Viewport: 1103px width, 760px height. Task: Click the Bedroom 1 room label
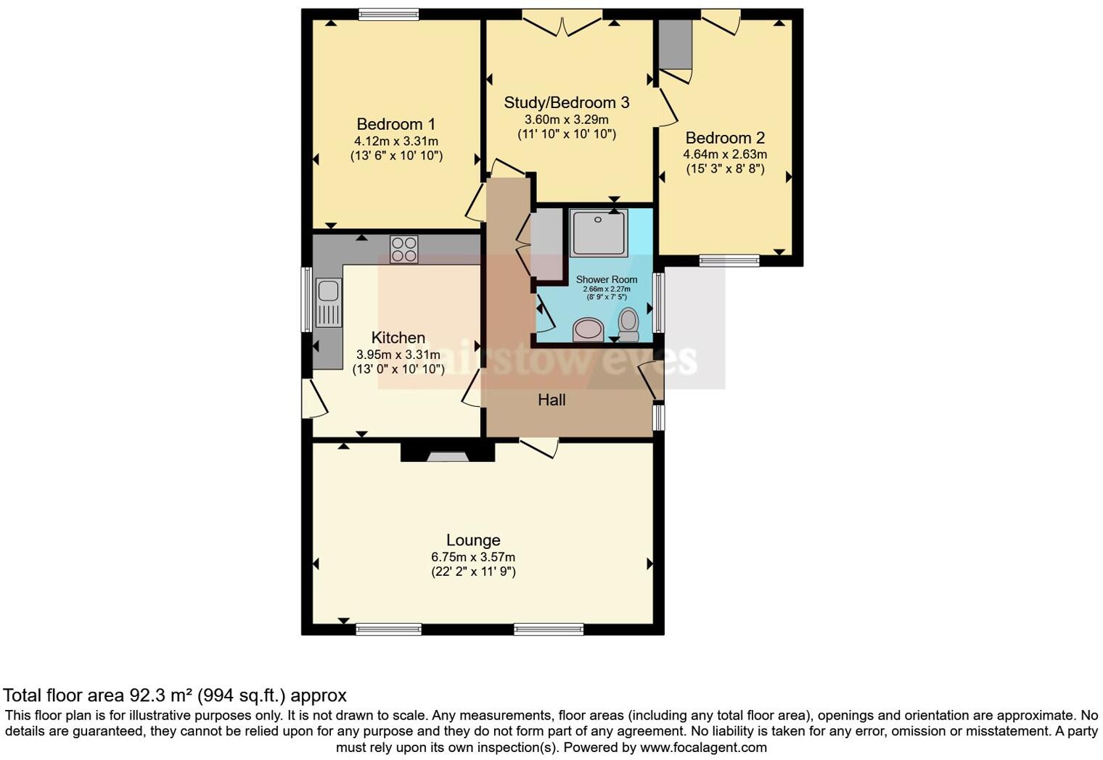[x=395, y=124]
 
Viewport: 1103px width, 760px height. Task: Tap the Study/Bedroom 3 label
[x=566, y=102]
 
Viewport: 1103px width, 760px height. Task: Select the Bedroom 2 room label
[x=724, y=138]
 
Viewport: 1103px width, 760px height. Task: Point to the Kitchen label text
[x=398, y=337]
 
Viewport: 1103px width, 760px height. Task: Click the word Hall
[x=551, y=400]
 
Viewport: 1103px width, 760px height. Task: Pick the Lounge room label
[x=472, y=540]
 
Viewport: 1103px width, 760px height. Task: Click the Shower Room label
[x=607, y=279]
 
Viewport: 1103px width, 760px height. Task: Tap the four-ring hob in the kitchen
[x=404, y=249]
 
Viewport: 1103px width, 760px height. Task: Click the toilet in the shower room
[x=628, y=325]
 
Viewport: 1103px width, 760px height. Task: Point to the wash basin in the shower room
[x=588, y=330]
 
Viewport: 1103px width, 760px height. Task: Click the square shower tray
[x=598, y=233]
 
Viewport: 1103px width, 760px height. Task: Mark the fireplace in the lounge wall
[x=447, y=455]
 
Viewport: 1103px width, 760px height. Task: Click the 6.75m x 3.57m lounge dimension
[x=472, y=557]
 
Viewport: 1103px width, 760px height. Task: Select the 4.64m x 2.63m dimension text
[x=724, y=154]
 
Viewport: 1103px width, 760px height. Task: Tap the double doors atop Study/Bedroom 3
[x=562, y=24]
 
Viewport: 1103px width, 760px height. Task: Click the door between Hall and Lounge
[x=538, y=447]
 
